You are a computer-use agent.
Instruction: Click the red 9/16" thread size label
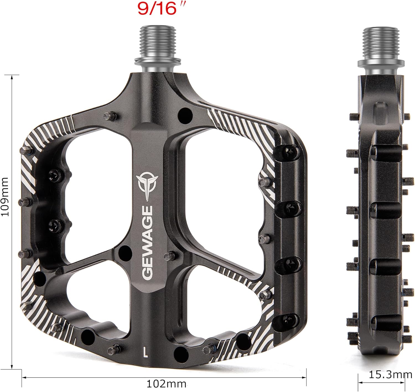tap(157, 9)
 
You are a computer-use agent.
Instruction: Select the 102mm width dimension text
tap(166, 384)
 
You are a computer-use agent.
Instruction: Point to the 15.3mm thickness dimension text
tap(390, 375)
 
